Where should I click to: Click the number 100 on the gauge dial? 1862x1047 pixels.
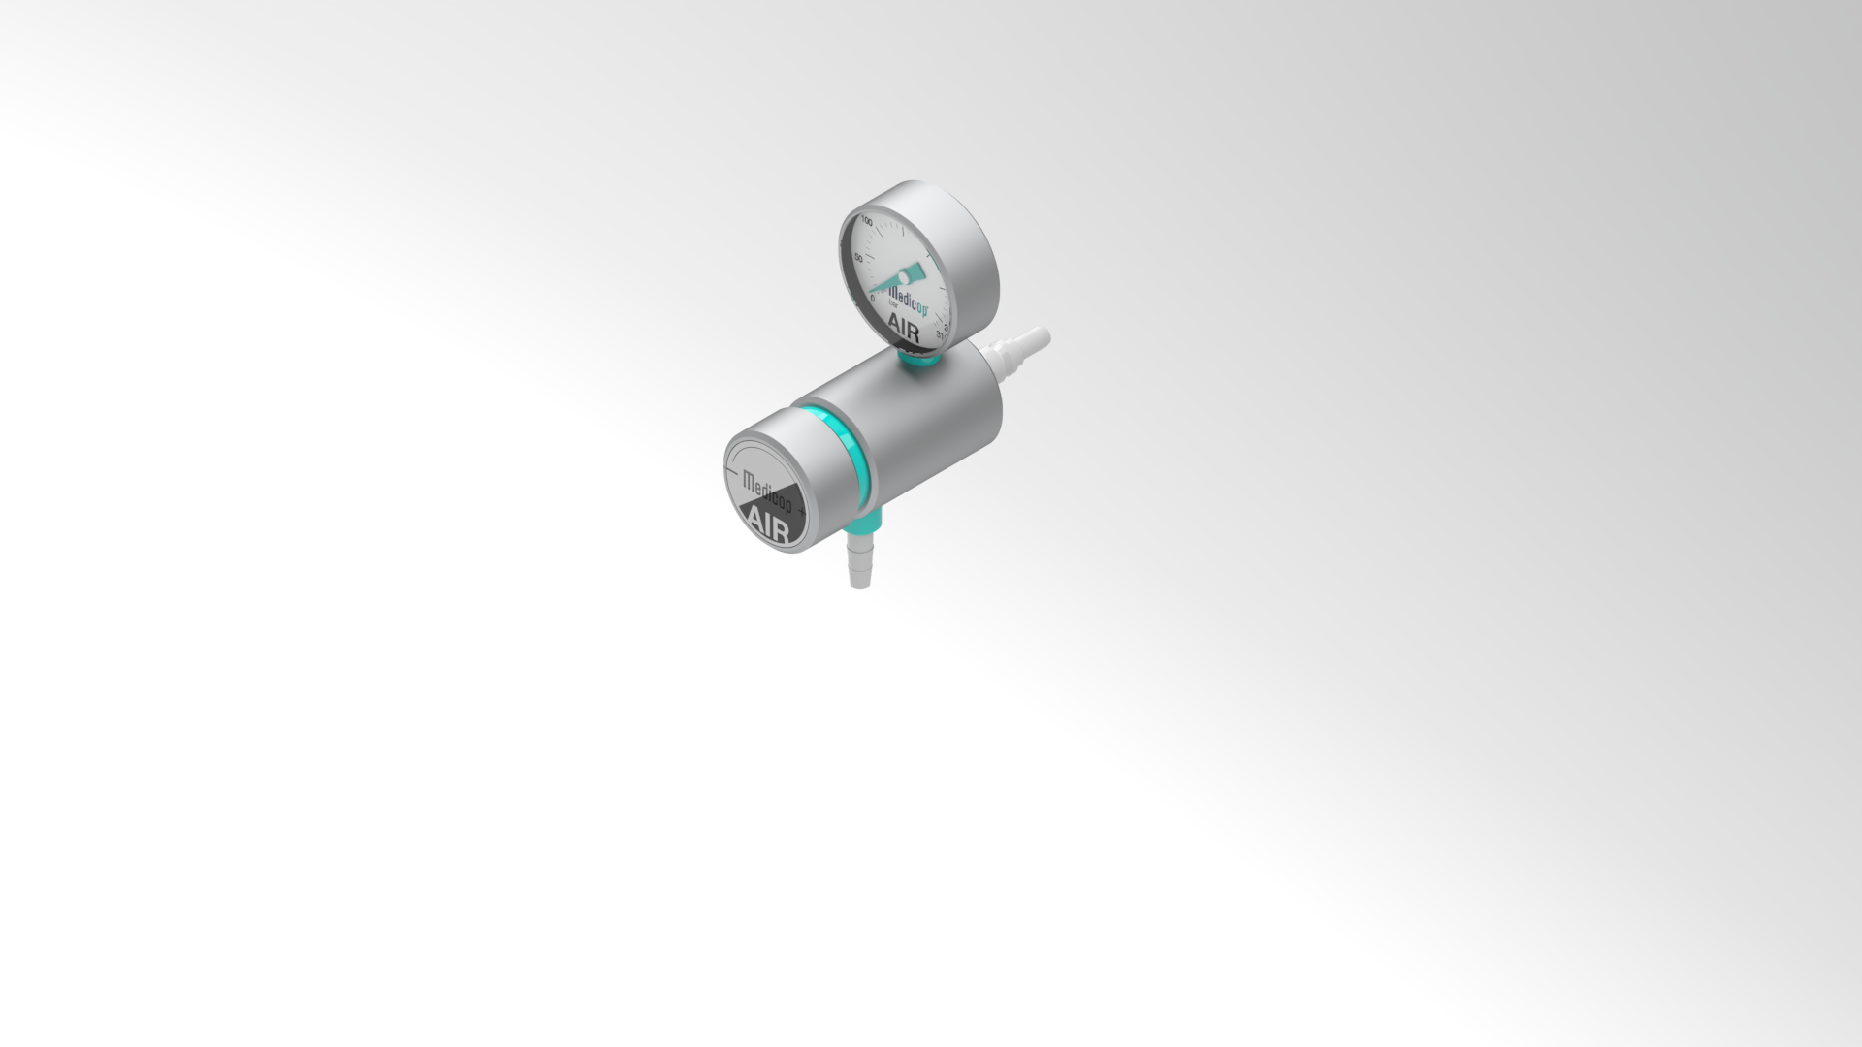point(866,222)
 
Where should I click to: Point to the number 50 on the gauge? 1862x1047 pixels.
point(858,258)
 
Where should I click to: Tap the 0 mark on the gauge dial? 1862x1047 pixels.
point(872,298)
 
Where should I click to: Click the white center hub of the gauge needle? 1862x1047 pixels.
point(904,278)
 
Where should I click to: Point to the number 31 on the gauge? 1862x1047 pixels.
point(940,336)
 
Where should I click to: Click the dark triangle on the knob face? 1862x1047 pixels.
point(776,519)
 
